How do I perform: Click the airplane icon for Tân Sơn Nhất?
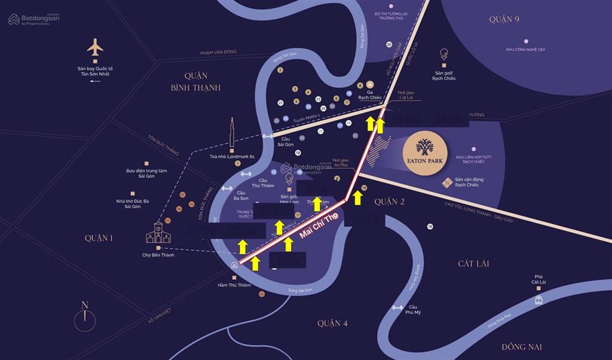click(x=95, y=48)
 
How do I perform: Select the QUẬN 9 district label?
click(x=504, y=19)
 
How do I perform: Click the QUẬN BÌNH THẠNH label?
click(x=195, y=82)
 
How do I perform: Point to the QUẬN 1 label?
click(x=99, y=238)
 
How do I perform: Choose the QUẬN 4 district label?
click(x=332, y=324)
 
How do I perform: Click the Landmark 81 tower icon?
click(x=232, y=135)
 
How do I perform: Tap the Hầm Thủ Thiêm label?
click(x=232, y=285)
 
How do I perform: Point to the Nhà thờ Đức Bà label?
click(x=133, y=204)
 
